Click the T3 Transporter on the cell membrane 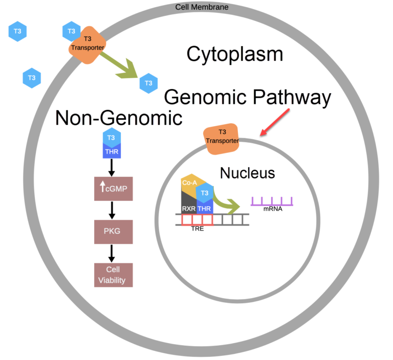tap(88, 44)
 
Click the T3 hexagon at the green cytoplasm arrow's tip tap(148, 83)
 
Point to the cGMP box tap(114, 189)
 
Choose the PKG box tap(114, 231)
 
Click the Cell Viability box tap(114, 275)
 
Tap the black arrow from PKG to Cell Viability tap(112, 252)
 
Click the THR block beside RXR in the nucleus tap(205, 208)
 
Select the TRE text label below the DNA tap(197, 229)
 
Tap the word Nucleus tap(247, 173)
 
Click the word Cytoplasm tap(234, 54)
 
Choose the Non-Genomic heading tap(119, 118)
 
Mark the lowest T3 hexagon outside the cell tap(32, 78)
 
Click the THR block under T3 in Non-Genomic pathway tap(111, 151)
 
